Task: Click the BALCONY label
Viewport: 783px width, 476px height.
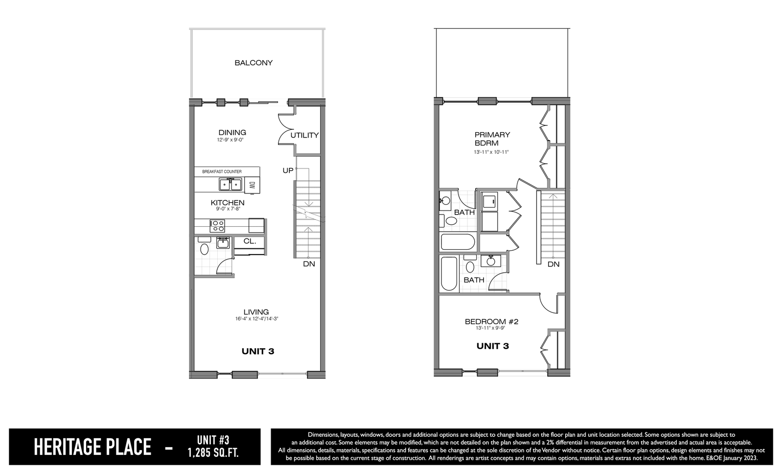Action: click(253, 63)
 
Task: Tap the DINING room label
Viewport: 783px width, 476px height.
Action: click(232, 133)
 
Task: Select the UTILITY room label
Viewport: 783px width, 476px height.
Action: click(304, 135)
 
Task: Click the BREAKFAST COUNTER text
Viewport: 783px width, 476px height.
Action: click(222, 172)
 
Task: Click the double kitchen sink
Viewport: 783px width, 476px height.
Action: click(230, 184)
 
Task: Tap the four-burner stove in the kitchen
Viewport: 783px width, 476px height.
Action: click(217, 226)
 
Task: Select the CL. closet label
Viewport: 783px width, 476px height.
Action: click(250, 241)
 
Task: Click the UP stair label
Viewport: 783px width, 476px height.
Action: click(288, 171)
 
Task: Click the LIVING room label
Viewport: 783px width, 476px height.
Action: click(256, 312)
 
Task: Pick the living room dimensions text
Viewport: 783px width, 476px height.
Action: click(256, 319)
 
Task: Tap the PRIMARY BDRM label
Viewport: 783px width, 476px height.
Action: click(492, 139)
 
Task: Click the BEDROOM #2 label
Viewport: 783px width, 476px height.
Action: click(491, 321)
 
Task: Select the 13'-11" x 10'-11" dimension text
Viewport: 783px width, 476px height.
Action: click(491, 152)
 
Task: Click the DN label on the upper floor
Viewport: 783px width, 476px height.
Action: click(553, 264)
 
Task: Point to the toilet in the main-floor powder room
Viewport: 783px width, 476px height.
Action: click(205, 249)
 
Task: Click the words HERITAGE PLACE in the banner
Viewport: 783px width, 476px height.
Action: click(92, 447)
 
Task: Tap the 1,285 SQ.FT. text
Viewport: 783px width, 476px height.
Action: click(213, 453)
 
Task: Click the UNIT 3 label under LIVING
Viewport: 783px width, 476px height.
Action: click(258, 352)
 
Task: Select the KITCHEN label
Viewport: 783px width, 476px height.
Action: click(228, 203)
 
